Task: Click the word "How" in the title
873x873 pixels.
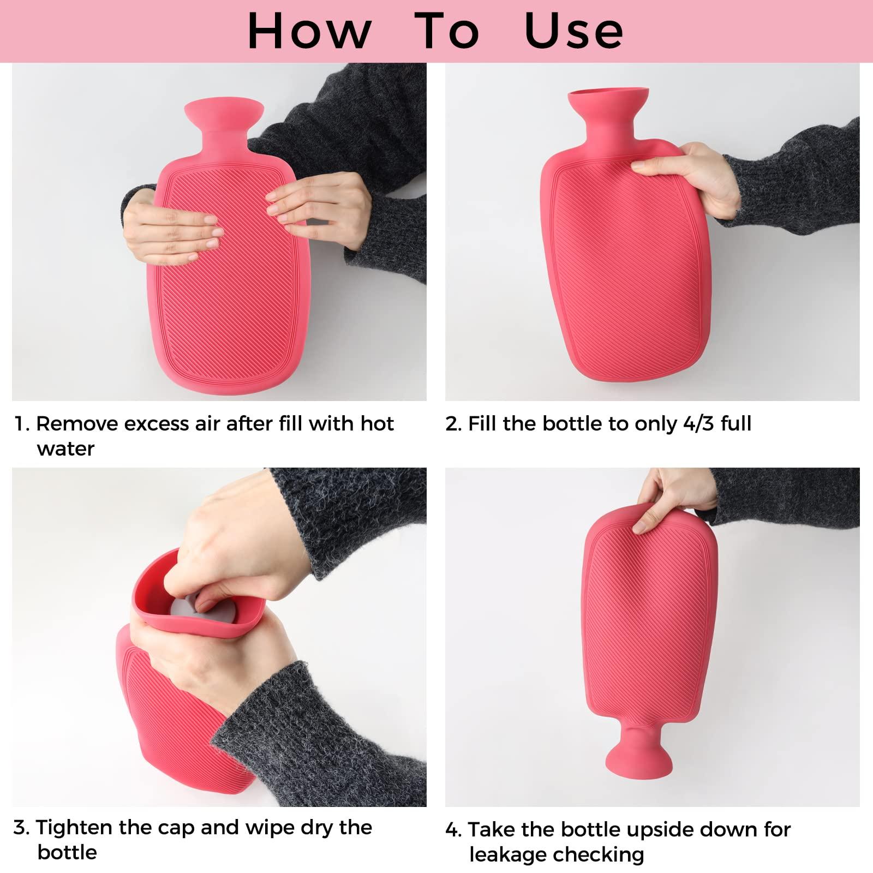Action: coord(309,31)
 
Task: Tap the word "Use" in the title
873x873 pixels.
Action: coord(573,31)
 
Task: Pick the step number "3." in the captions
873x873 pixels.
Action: coord(22,828)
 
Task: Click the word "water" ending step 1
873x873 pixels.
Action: coord(65,449)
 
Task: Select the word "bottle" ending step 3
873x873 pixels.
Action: coord(67,852)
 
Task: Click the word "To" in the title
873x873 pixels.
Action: coord(447,31)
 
